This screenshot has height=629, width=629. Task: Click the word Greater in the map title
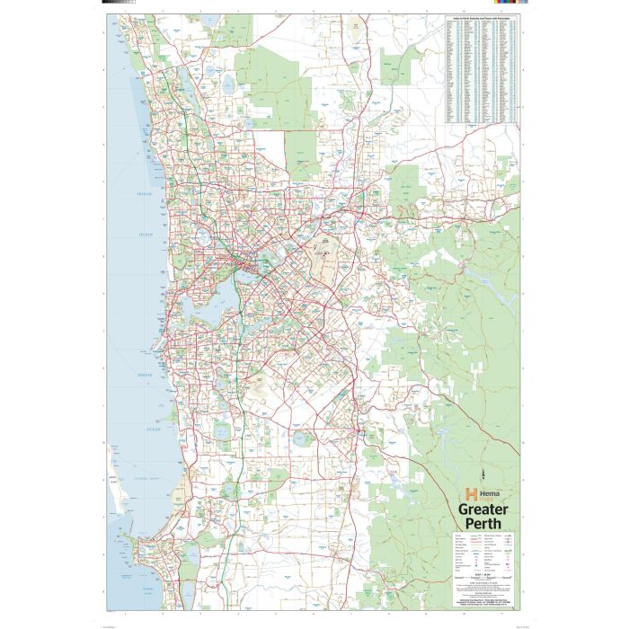coord(483,509)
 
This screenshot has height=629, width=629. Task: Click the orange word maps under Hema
coord(483,498)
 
